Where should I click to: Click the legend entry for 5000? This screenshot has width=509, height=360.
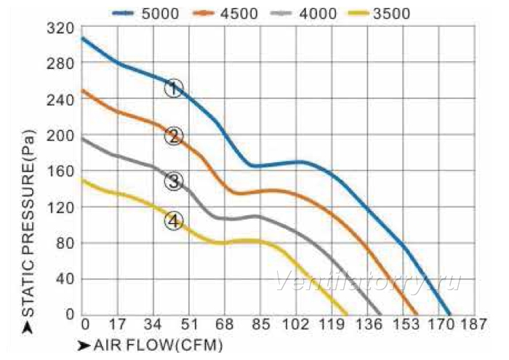point(145,14)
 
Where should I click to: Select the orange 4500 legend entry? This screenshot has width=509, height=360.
point(225,14)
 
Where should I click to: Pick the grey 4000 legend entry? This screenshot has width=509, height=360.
point(303,14)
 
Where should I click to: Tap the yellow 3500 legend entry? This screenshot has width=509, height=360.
point(379,14)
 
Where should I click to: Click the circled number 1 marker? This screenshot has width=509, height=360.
point(174,88)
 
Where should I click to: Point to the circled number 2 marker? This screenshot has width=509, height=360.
point(174,136)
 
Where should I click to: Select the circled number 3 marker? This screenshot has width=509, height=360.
point(174,181)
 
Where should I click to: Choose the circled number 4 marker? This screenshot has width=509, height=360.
point(174,221)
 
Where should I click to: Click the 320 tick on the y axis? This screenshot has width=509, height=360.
point(60,28)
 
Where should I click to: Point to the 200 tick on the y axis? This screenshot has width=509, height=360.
point(60,135)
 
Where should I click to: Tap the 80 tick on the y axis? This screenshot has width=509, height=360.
point(65,243)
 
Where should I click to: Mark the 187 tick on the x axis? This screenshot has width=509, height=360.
point(473,324)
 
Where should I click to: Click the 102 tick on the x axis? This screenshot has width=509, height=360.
point(296,324)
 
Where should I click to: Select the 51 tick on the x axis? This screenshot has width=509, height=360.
point(189,324)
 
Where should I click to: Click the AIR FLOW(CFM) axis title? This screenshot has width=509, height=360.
point(159,345)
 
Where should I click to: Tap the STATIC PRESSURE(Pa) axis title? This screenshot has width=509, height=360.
point(28,223)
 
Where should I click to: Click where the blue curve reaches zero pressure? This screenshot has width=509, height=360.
point(449,314)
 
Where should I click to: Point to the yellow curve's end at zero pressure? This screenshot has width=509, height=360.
point(346,314)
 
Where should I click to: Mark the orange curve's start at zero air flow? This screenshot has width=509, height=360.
point(82,90)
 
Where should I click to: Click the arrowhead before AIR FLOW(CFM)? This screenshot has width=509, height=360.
point(84,345)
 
